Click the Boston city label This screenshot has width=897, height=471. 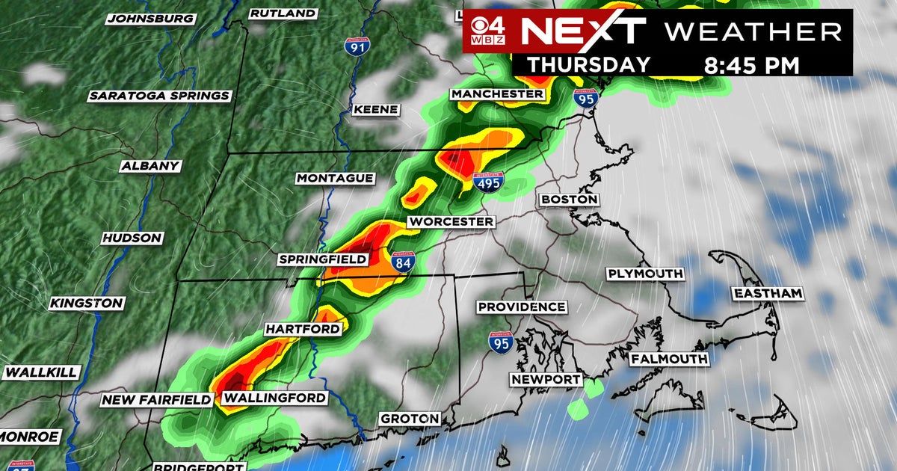tap(570, 200)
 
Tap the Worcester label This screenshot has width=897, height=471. tap(451, 222)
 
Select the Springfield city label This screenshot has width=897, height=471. tap(323, 259)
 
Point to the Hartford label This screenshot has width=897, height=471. tap(303, 329)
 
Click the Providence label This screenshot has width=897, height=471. tap(522, 307)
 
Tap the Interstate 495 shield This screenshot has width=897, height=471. tap(488, 181)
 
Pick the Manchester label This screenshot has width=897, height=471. tap(497, 94)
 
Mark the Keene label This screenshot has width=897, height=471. tap(375, 109)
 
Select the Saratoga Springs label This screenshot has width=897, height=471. tap(159, 96)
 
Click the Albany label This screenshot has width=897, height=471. tap(150, 166)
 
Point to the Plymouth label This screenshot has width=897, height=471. tap(645, 274)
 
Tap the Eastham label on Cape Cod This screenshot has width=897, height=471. tap(768, 294)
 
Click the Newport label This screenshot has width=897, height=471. tap(546, 380)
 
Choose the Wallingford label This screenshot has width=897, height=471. tap(275, 398)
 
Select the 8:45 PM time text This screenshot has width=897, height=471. tap(751, 64)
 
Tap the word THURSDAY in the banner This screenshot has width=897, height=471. tap(589, 64)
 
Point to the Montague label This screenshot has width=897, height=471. tap(335, 179)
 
